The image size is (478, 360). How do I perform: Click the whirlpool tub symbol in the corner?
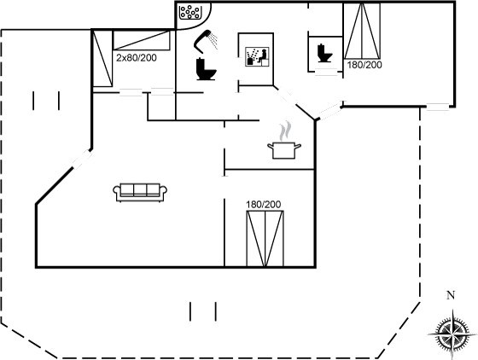[x=189, y=12]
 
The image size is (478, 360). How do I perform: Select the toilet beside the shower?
[x=206, y=69]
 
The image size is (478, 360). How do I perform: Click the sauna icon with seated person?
[x=257, y=56]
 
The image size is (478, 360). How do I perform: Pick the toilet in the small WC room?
[x=324, y=53]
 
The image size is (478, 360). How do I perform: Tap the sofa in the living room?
[x=140, y=193]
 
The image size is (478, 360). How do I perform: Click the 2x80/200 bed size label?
[x=137, y=57]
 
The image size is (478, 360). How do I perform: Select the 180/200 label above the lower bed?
[x=264, y=205]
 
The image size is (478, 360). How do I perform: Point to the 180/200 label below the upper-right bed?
[x=364, y=65]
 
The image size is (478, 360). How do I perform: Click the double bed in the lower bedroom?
[x=265, y=239]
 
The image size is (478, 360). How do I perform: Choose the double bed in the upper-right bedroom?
[x=362, y=31]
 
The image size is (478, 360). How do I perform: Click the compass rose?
[x=452, y=334]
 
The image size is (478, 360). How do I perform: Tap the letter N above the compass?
[x=451, y=295]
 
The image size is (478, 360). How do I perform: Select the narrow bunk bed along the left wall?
[x=102, y=59]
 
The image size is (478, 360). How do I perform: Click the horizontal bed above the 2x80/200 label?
[x=142, y=40]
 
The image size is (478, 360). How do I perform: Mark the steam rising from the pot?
[x=285, y=131]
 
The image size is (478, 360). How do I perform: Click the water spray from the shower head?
[x=214, y=41]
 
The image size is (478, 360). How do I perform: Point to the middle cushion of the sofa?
[x=140, y=189]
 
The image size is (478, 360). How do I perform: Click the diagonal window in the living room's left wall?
[x=82, y=160]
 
